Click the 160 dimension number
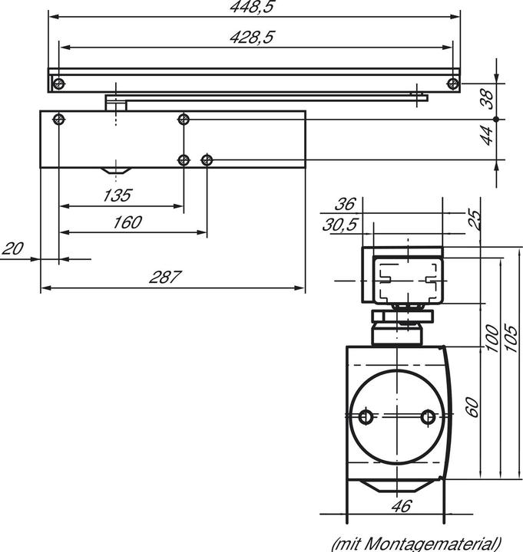click(x=127, y=222)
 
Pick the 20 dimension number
click(x=12, y=248)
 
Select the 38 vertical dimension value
click(x=485, y=98)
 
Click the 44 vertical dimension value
click(x=485, y=136)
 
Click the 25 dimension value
click(x=474, y=221)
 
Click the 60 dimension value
click(x=473, y=407)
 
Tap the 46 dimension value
click(x=399, y=506)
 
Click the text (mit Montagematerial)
click(x=416, y=544)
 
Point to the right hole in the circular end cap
click(x=429, y=416)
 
